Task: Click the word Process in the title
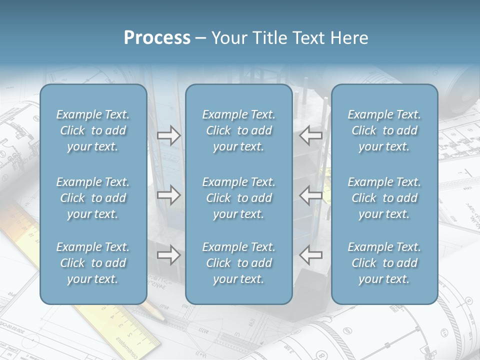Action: (157, 38)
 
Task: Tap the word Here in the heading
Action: (349, 38)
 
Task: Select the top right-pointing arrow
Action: (169, 135)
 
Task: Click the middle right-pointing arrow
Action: (169, 195)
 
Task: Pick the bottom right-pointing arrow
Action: (169, 255)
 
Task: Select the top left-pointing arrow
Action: (311, 135)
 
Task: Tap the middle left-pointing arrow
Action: (311, 195)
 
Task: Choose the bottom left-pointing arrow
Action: (311, 255)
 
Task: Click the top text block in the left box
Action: (93, 130)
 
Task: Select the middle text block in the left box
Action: (93, 198)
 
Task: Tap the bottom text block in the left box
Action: (93, 263)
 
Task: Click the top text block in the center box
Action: (239, 130)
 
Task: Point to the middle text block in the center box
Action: (239, 198)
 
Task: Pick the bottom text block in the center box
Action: (239, 263)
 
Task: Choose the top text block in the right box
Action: (384, 130)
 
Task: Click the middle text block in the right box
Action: (384, 198)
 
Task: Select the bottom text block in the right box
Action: (384, 263)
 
